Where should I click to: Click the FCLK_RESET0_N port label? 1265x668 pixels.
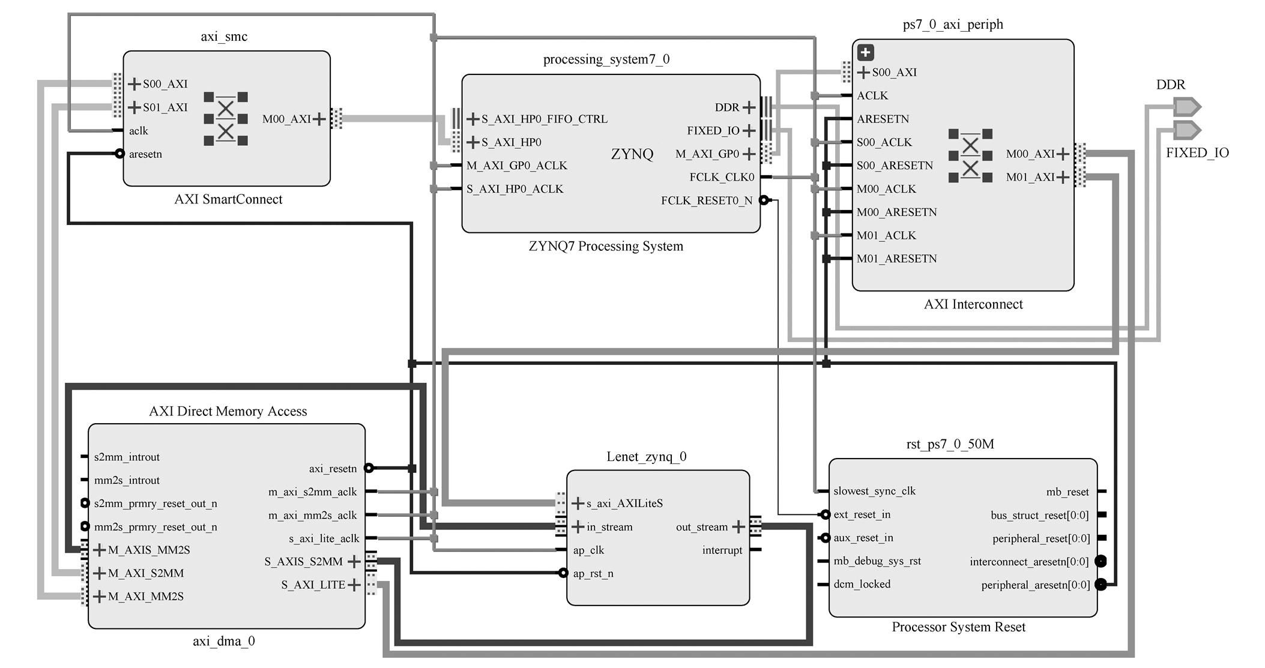point(707,200)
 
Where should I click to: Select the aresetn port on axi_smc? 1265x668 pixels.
point(145,154)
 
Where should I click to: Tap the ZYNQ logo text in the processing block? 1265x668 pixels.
point(632,154)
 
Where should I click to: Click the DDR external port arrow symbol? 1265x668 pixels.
point(1187,107)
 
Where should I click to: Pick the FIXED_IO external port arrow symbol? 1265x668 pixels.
point(1187,130)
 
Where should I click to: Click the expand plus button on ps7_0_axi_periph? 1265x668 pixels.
point(865,52)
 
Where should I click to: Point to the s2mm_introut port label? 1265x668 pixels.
point(127,457)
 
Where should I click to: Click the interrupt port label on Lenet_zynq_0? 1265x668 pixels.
point(722,550)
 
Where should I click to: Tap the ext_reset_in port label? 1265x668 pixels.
point(862,514)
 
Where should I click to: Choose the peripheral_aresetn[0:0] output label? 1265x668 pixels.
point(1035,585)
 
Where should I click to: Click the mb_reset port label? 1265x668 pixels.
point(1067,492)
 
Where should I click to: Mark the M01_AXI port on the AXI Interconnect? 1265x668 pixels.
point(1030,177)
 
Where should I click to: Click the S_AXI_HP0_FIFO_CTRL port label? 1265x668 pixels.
point(544,119)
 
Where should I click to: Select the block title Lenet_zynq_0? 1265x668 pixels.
point(646,457)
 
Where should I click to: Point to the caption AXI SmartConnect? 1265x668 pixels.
point(228,199)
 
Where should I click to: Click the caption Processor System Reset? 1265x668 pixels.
point(958,627)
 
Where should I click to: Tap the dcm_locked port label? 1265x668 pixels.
point(862,584)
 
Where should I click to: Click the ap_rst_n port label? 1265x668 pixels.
point(593,573)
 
